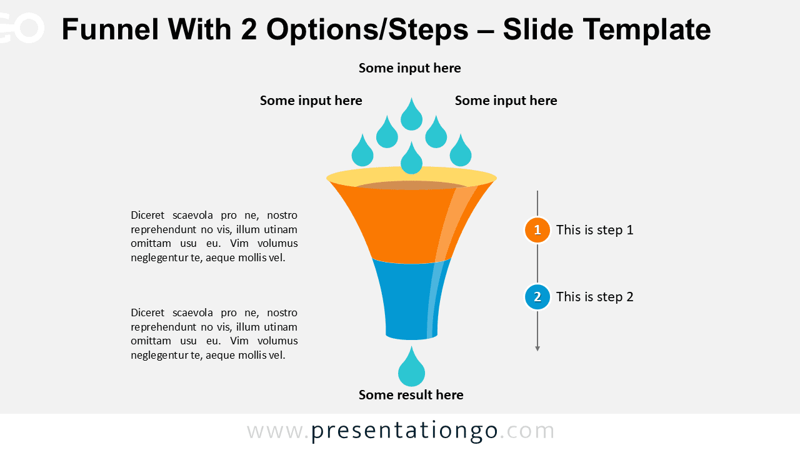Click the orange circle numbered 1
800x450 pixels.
coord(537,230)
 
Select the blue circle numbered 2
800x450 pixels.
coord(537,297)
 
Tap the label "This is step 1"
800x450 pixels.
coord(594,230)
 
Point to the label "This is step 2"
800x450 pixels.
coord(594,297)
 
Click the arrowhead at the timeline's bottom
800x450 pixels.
coord(537,348)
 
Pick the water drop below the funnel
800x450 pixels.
coord(411,370)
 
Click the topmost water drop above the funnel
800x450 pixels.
coord(411,116)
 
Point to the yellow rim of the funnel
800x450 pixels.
coord(337,179)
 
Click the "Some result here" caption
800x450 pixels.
coord(411,395)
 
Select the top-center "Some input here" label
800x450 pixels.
coord(410,68)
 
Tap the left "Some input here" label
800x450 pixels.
coord(311,101)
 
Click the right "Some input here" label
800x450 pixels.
coord(506,101)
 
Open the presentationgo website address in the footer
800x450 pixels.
coord(401,431)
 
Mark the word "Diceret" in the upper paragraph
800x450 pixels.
coord(148,216)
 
